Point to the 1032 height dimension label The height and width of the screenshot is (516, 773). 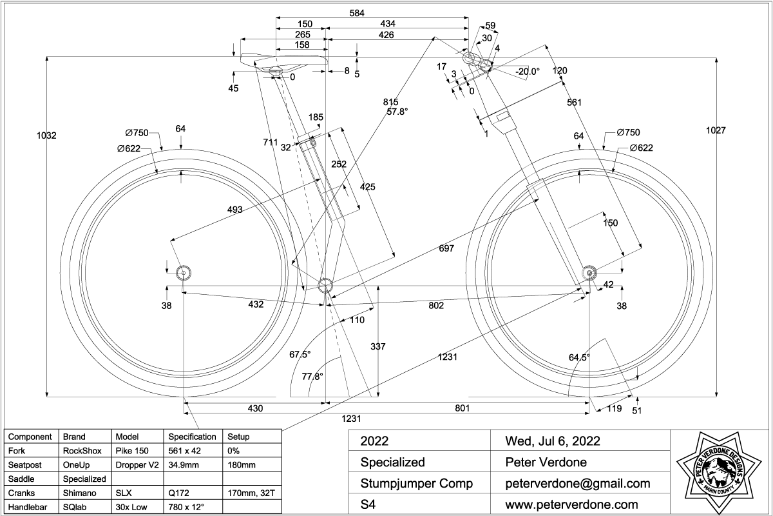pyautogui.click(x=46, y=135)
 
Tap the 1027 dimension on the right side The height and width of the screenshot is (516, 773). pyautogui.click(x=716, y=130)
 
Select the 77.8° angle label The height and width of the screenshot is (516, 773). pyautogui.click(x=312, y=377)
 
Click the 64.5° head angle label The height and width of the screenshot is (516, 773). pyautogui.click(x=579, y=357)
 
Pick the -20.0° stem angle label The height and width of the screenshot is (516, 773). pyautogui.click(x=528, y=72)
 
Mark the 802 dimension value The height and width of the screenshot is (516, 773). pyautogui.click(x=436, y=305)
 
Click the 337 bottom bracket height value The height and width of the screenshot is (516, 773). pyautogui.click(x=378, y=347)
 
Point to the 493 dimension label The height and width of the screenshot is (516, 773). pyautogui.click(x=236, y=209)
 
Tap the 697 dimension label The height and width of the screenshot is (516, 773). pyautogui.click(x=446, y=248)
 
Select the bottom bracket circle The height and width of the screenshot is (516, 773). pyautogui.click(x=325, y=284)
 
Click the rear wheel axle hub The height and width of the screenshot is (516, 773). pyautogui.click(x=183, y=272)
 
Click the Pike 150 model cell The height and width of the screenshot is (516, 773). pyautogui.click(x=131, y=450)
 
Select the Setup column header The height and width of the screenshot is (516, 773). pyautogui.click(x=238, y=437)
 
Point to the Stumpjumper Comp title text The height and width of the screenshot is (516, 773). pyautogui.click(x=416, y=483)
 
